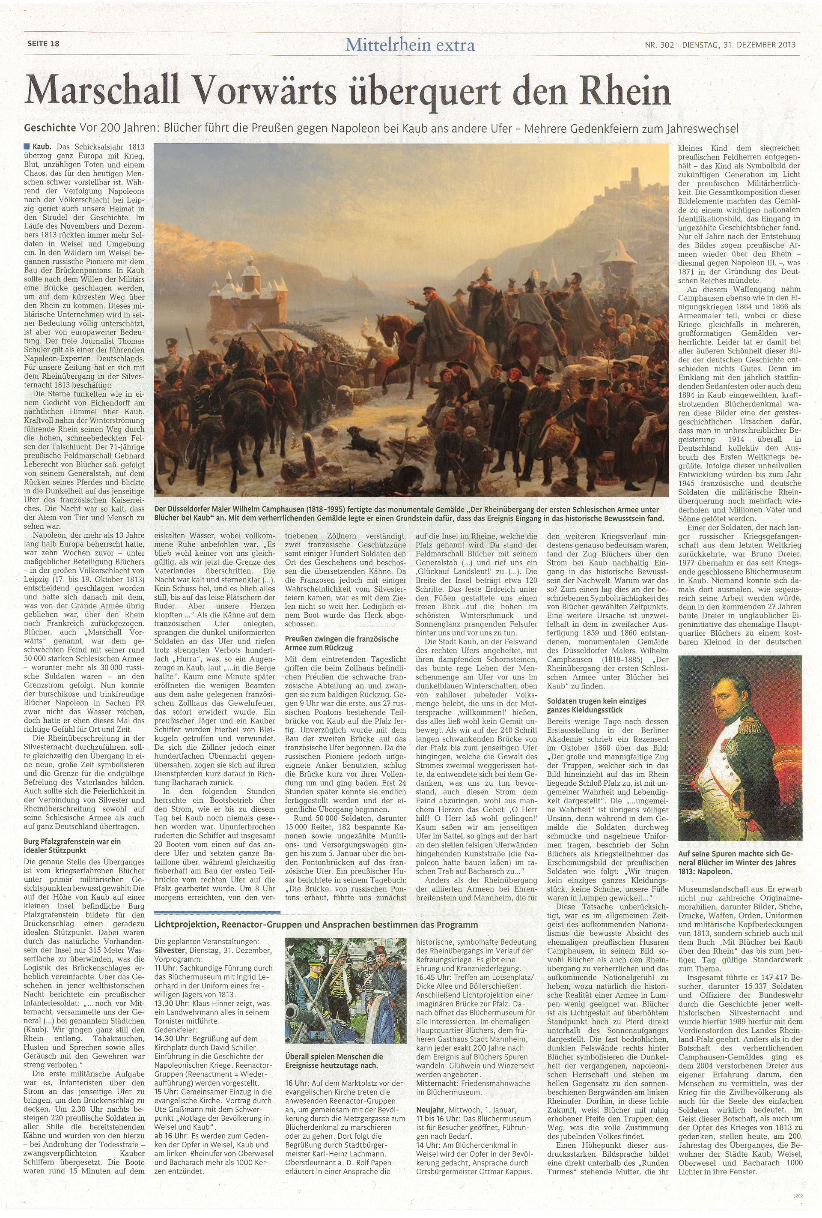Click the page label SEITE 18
click(x=44, y=44)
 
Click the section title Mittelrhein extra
click(x=410, y=45)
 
